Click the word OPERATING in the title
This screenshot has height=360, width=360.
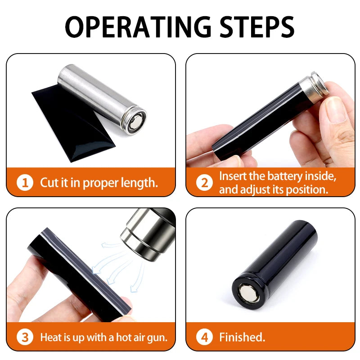coord(138,27)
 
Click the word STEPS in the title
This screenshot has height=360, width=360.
coord(257,27)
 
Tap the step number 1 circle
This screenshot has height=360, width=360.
coord(25,183)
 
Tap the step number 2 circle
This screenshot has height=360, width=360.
coord(204,183)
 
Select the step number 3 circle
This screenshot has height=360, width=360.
coord(25,337)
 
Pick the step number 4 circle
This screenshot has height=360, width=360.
coord(204,337)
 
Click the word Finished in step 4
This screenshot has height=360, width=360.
coord(242,337)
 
